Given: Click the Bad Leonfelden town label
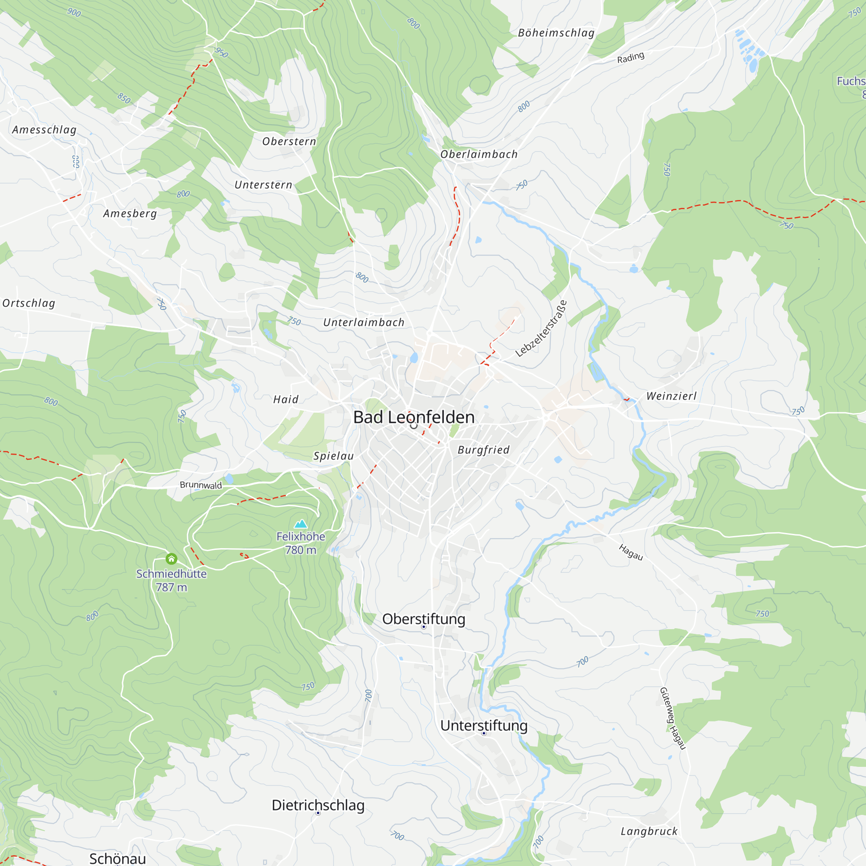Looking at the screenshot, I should (413, 417).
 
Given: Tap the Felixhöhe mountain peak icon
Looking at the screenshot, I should (301, 523).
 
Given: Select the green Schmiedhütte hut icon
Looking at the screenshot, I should (171, 559).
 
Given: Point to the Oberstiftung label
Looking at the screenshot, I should (423, 619).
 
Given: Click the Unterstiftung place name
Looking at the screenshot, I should (484, 726).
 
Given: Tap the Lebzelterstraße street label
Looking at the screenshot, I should (541, 329).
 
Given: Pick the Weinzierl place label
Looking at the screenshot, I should (672, 396).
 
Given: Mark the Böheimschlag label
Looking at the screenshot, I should (556, 33).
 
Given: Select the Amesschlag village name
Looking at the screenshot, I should (44, 130).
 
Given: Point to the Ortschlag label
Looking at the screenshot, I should (29, 304).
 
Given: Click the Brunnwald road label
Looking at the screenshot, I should (201, 485).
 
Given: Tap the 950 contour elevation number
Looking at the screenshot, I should (221, 52).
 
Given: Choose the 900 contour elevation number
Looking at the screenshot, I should (74, 13).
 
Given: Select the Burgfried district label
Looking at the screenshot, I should (484, 450).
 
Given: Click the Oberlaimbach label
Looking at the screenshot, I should (479, 155).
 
